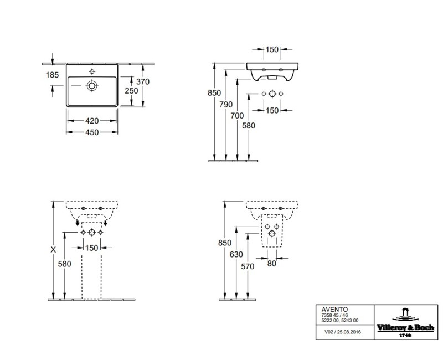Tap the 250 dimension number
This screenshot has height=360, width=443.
[131, 90]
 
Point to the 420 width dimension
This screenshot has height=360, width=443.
[91, 120]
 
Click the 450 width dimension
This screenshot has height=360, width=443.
[91, 132]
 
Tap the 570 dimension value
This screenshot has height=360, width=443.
[248, 266]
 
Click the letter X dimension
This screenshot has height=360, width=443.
[53, 250]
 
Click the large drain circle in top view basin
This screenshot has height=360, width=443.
[92, 86]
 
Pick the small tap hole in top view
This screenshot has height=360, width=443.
[92, 71]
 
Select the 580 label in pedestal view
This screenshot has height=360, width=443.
[65, 264]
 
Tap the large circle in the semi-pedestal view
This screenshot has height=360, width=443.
[271, 234]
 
